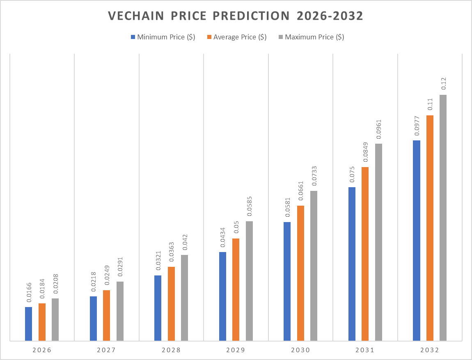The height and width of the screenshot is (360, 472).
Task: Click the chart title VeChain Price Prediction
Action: (236, 16)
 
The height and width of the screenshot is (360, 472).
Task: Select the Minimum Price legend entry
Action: (163, 37)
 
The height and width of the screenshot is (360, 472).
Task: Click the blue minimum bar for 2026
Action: (28, 324)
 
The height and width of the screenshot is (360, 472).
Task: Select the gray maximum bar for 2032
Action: (443, 218)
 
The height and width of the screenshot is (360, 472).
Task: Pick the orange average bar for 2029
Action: (236, 289)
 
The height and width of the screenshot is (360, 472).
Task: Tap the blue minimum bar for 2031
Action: (352, 264)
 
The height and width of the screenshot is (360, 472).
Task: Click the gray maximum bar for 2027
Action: (120, 311)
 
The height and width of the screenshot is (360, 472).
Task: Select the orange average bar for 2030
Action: (300, 273)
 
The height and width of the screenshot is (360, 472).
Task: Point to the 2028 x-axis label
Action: (171, 351)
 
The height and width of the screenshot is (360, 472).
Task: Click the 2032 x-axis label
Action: (429, 351)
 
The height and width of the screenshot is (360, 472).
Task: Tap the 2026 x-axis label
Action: (41, 351)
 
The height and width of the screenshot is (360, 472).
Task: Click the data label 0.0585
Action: (249, 207)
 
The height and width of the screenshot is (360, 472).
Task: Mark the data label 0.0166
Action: (29, 293)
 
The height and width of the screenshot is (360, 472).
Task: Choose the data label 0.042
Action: (184, 243)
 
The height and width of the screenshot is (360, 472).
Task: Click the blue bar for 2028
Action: (158, 308)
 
